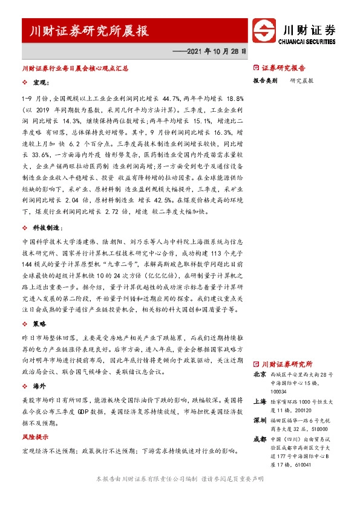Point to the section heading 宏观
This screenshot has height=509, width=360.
(x=42, y=81)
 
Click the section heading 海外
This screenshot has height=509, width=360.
(x=40, y=385)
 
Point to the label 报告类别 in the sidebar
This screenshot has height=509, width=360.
(x=265, y=80)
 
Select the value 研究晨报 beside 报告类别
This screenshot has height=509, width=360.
(x=301, y=80)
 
